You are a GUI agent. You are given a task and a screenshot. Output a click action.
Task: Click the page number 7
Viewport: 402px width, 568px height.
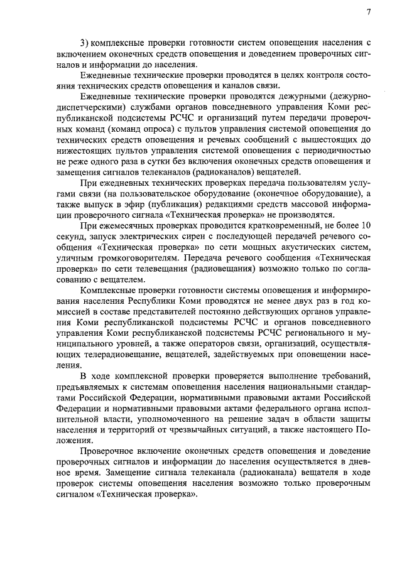[368, 12]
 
